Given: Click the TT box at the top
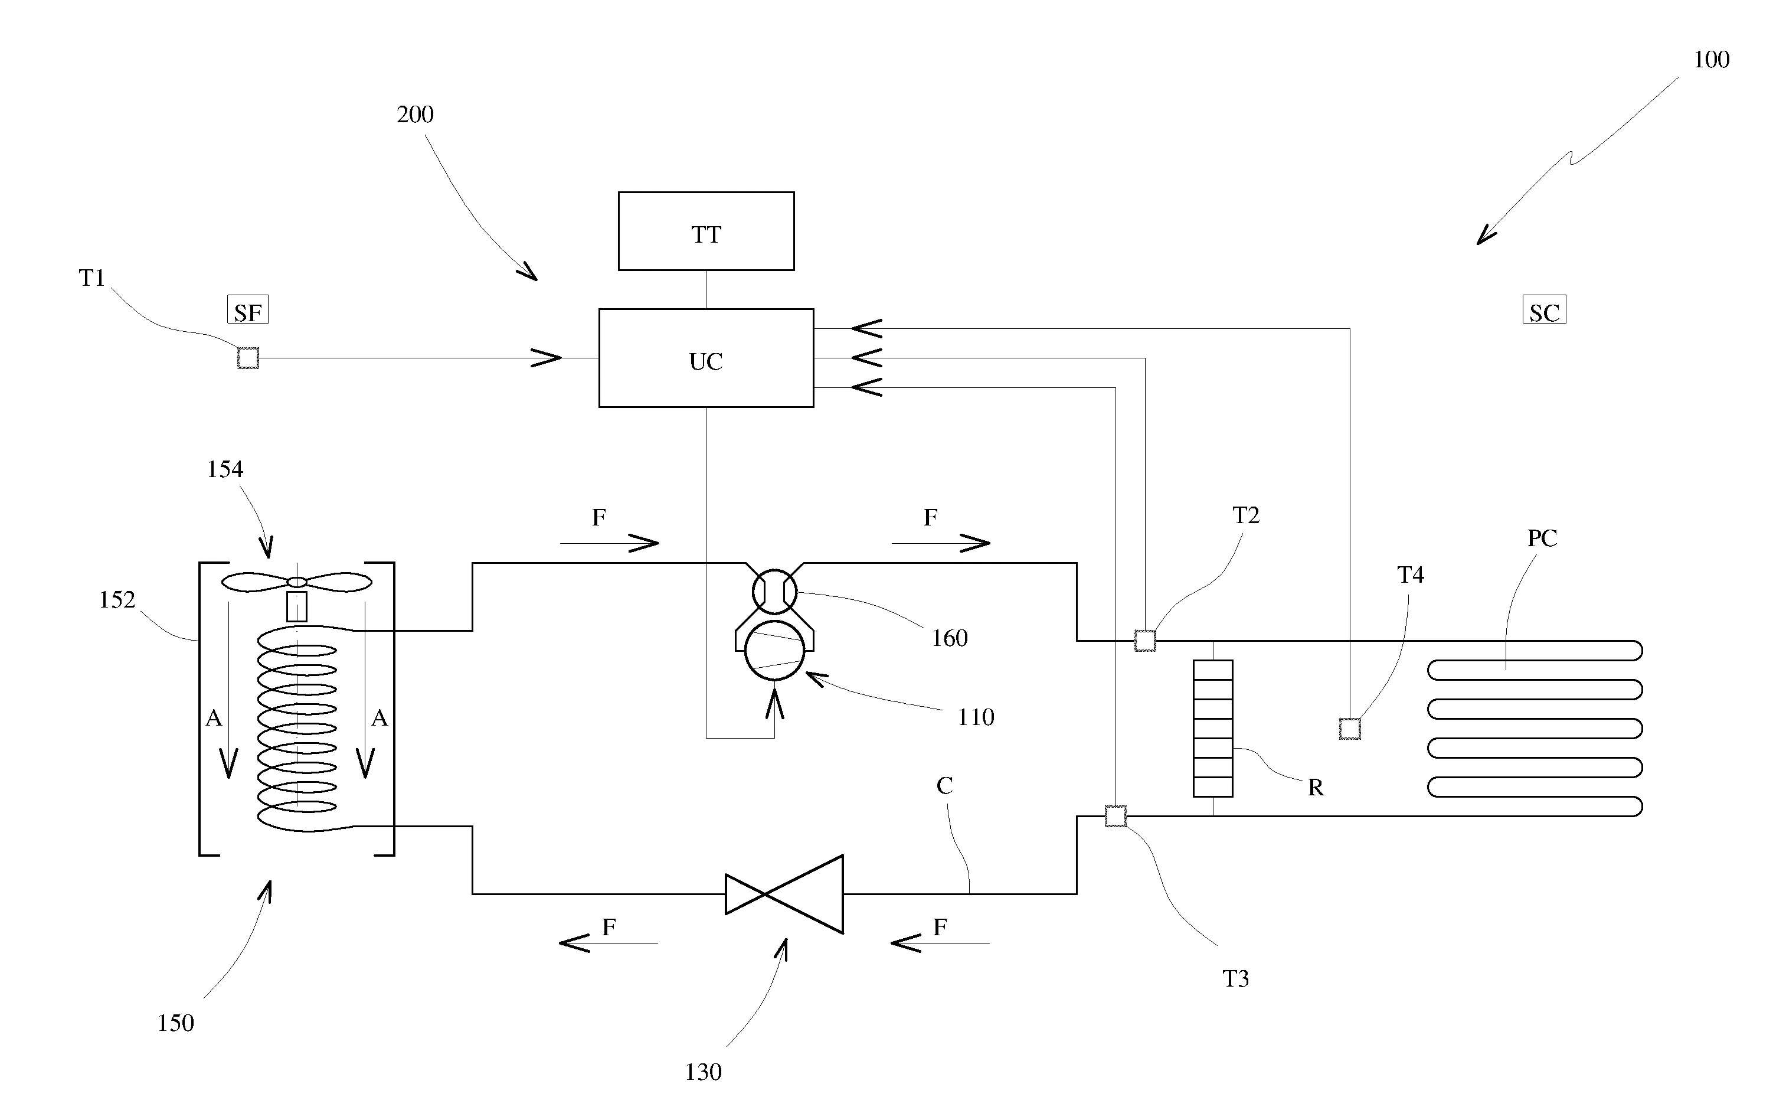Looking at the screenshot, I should tap(705, 231).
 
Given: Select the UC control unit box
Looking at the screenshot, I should tap(705, 358).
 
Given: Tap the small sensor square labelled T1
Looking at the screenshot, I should tap(248, 358).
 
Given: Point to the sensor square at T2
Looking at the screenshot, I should tap(1145, 640).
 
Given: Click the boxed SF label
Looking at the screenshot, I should tap(247, 311).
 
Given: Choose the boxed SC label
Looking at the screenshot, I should tap(1544, 311).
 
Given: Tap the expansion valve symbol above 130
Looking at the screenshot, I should tap(784, 893).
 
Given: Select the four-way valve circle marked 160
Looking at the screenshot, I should tap(774, 591).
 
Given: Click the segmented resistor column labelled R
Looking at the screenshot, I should tap(1212, 728).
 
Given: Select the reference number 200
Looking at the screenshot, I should tap(415, 115).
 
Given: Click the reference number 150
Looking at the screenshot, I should tap(175, 1023).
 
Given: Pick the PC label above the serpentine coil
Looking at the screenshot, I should tap(1542, 538).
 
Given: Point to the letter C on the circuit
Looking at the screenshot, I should tap(944, 785).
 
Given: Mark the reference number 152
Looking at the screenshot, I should tap(117, 600).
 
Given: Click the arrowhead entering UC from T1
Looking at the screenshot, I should tap(547, 358).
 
